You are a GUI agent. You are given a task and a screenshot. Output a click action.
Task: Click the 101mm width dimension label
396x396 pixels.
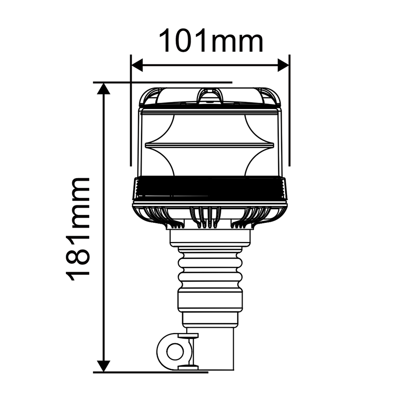(x=210, y=42)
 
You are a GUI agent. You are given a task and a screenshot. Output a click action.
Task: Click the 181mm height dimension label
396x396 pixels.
(x=79, y=229)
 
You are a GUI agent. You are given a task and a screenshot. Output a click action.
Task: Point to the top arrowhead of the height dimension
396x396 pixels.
(x=103, y=89)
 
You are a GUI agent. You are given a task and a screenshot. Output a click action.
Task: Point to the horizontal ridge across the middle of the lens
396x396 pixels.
(x=210, y=145)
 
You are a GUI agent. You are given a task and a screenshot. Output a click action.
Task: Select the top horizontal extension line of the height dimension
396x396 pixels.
(x=163, y=82)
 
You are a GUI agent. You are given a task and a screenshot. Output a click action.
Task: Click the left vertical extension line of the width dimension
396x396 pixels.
(x=131, y=114)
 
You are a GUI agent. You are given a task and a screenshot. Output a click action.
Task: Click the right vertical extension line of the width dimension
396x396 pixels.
(x=289, y=114)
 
